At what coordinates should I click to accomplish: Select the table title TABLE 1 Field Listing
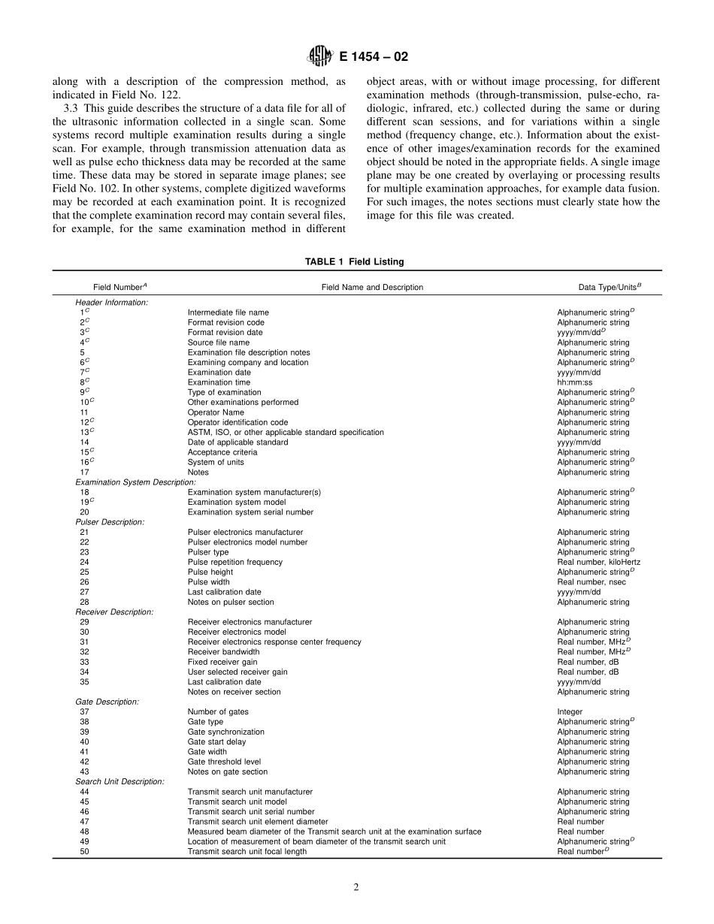354,261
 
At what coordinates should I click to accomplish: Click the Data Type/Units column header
598,287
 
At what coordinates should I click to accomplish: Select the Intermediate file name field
228,312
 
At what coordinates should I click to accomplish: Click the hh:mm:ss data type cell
574,382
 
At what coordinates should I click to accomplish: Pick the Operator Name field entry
216,412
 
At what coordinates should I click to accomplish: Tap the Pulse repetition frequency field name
234,562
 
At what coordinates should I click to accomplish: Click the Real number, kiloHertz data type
598,562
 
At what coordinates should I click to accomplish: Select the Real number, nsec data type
591,582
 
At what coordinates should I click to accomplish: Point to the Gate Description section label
107,702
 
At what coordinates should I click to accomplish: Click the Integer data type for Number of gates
569,711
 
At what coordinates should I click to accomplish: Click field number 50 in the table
83,852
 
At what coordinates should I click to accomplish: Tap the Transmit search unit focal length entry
247,852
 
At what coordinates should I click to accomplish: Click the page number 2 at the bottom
356,887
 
